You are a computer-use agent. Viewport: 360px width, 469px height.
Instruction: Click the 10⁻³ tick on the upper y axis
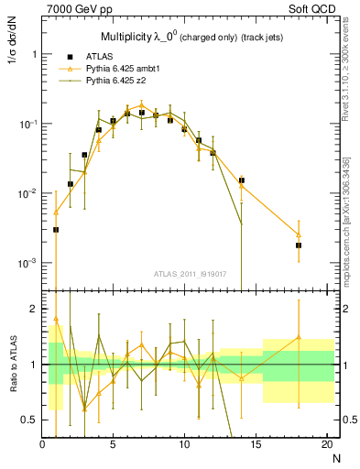pyautogui.click(x=29, y=263)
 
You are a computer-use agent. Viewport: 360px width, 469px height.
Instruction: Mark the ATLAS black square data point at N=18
pyautogui.click(x=299, y=245)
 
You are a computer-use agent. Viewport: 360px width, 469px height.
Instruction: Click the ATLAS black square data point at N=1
pyautogui.click(x=56, y=230)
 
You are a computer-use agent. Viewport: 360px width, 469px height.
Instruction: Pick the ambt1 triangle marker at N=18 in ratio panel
pyautogui.click(x=299, y=337)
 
